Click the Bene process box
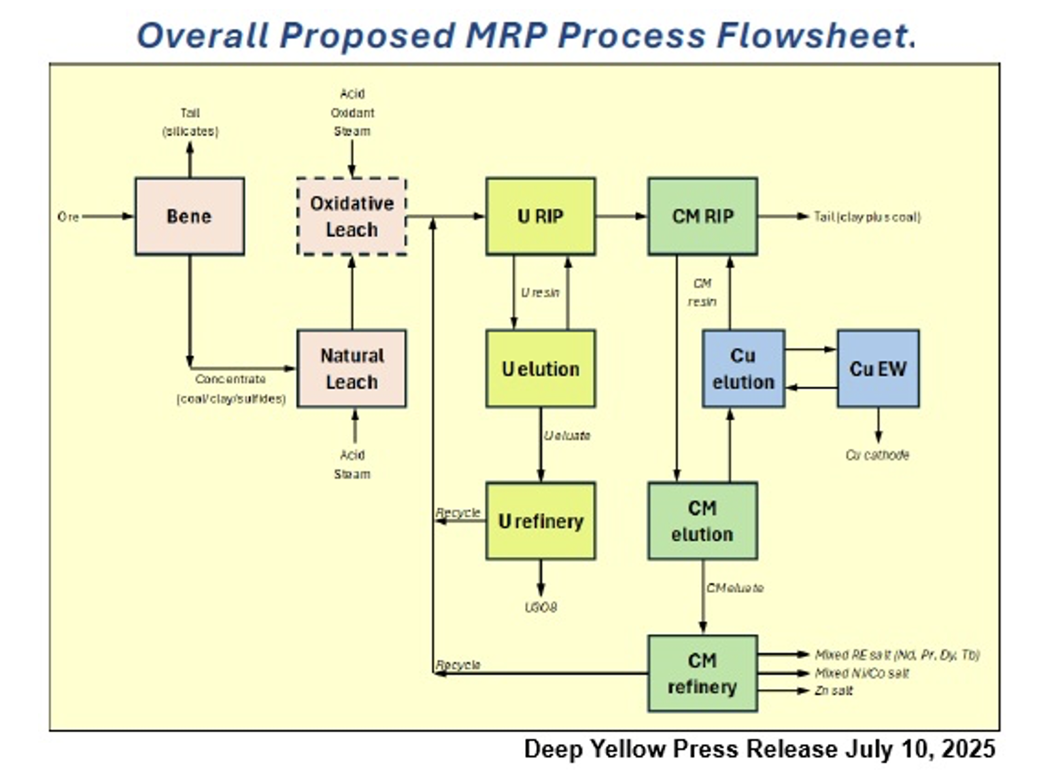[x=190, y=216]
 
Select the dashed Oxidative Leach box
[x=352, y=216]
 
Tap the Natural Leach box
[x=352, y=368]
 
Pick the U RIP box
[x=540, y=216]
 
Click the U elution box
[x=540, y=368]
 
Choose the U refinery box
[x=540, y=521]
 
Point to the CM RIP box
[x=703, y=216]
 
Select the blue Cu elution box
[x=743, y=368]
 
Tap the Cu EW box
[x=878, y=368]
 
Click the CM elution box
[x=703, y=521]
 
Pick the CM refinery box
[x=703, y=673]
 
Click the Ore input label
[x=68, y=217]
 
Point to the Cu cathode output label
[x=877, y=455]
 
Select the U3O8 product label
[x=541, y=607]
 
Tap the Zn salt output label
[x=834, y=690]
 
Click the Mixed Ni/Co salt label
[x=862, y=673]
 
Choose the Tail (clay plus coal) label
[x=867, y=217]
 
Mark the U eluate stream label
[x=567, y=435]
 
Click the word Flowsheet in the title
[x=816, y=35]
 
